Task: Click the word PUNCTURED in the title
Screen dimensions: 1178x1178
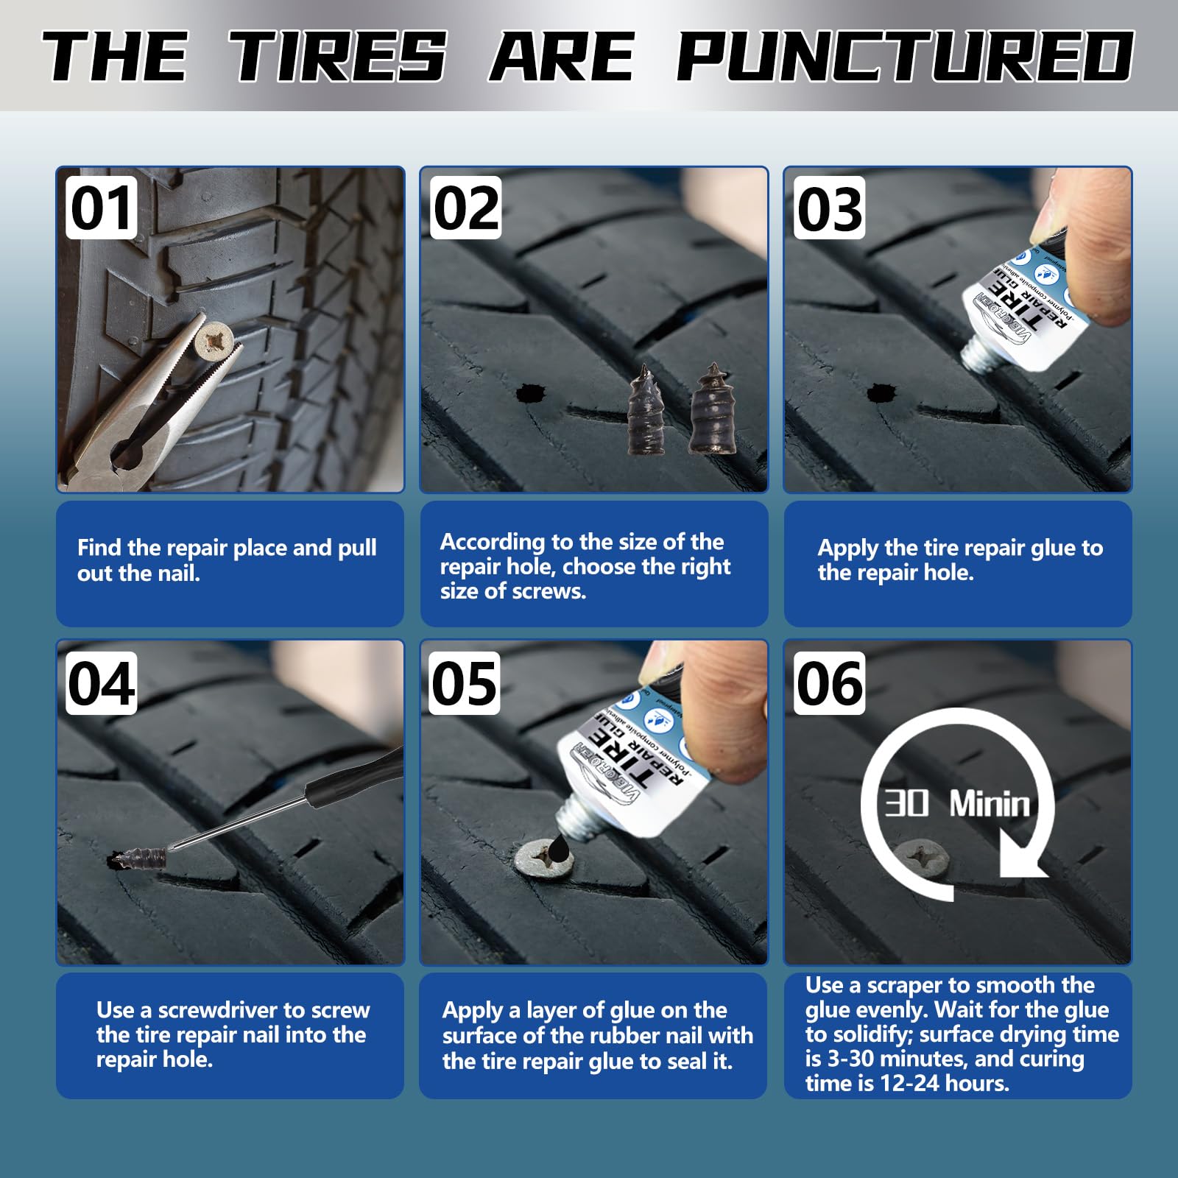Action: coord(904,57)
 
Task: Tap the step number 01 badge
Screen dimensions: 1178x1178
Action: coord(102,208)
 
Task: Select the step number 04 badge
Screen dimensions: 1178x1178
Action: coord(102,683)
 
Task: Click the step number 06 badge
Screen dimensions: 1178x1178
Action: coord(829,683)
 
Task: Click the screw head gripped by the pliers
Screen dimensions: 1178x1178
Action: coord(214,341)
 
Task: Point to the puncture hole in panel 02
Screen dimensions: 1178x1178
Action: coord(529,394)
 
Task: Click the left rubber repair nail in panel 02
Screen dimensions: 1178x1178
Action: coord(647,412)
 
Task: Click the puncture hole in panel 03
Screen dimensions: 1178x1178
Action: coord(880,392)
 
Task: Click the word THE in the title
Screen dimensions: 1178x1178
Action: coord(116,57)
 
